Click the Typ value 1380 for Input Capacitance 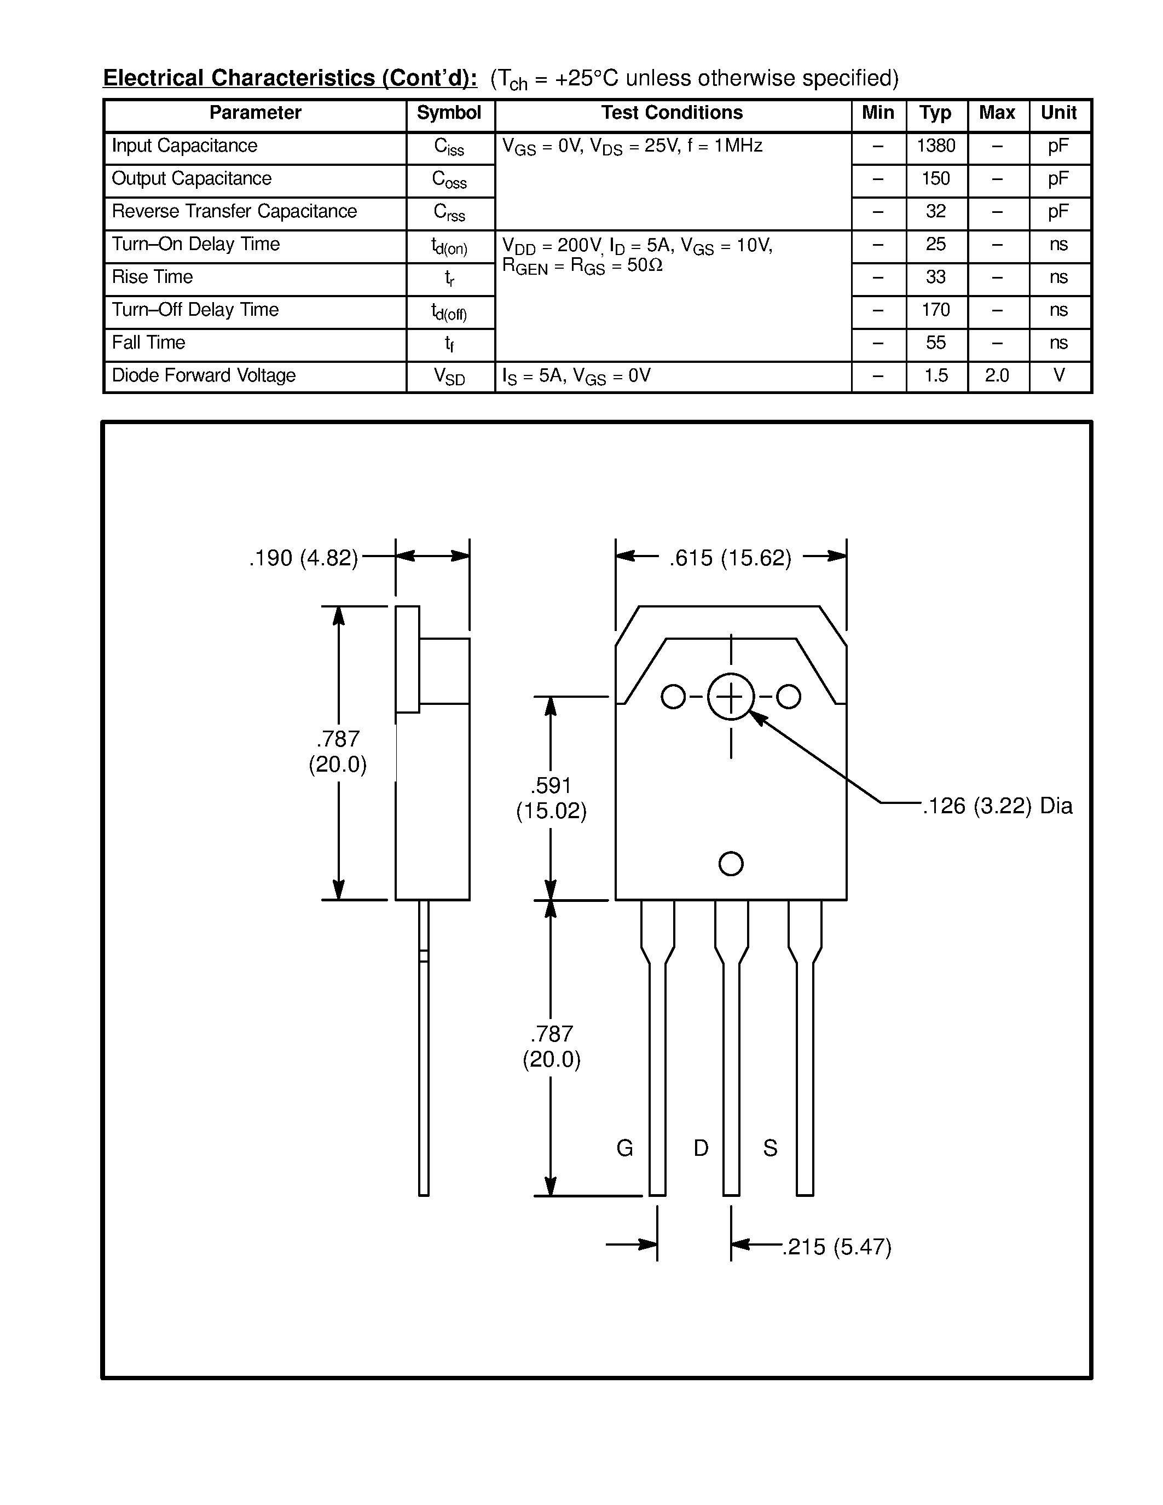936,146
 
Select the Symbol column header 449,113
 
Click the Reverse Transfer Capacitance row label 234,212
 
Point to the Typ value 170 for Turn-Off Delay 936,310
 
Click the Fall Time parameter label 148,343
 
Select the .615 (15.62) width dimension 730,558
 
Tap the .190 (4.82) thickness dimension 304,558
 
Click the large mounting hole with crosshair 730,697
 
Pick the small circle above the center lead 730,864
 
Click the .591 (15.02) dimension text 551,798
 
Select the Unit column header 1058,113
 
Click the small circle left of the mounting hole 673,697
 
